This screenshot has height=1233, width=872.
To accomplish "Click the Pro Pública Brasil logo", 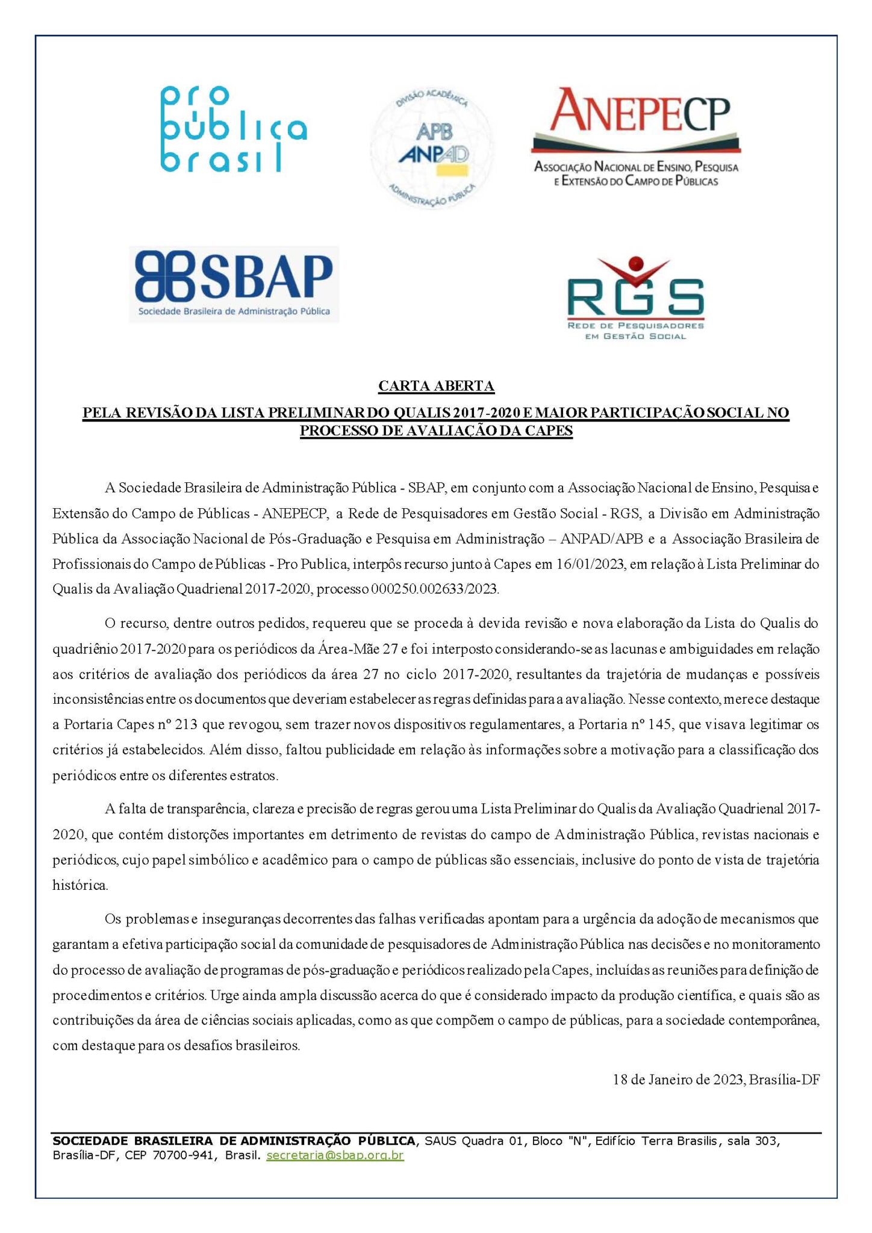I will [x=234, y=129].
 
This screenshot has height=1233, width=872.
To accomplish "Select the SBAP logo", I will [x=234, y=284].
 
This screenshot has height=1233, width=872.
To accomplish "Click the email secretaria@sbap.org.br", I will [x=335, y=1155].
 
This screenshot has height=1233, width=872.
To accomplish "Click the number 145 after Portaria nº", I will [x=659, y=725].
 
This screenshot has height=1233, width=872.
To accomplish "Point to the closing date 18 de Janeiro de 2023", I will [x=678, y=1079].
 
